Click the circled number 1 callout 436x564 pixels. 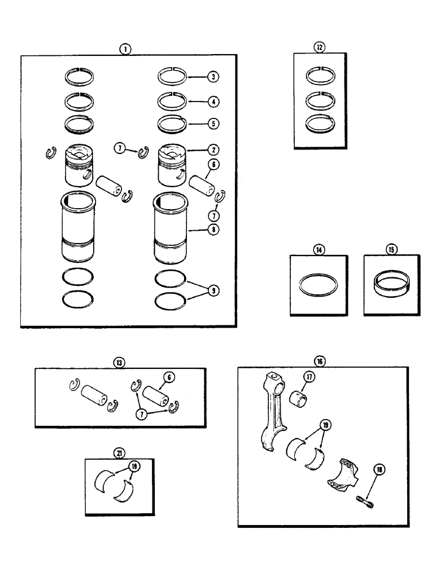(x=125, y=49)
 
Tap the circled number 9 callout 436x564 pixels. (x=213, y=290)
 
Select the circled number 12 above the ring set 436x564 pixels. (x=320, y=48)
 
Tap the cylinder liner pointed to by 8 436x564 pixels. (x=169, y=228)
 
